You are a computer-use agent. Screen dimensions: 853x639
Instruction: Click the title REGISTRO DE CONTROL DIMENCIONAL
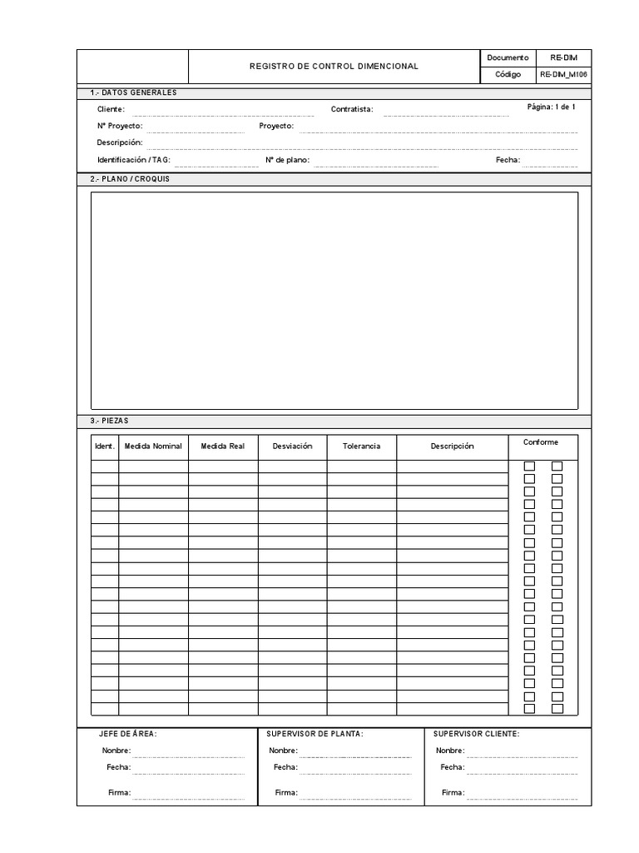(334, 66)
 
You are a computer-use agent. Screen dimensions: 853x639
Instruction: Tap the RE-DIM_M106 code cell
(563, 74)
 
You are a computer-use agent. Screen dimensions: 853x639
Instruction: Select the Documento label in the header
(508, 57)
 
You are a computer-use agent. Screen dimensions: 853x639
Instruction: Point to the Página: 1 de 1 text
(551, 107)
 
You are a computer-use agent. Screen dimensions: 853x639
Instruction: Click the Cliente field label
(111, 109)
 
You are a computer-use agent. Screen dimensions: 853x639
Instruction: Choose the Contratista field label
(352, 109)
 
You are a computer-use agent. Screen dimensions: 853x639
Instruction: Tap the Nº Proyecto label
(119, 126)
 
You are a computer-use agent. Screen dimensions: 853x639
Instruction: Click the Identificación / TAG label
(134, 159)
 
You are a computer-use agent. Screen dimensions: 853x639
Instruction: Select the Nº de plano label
(287, 159)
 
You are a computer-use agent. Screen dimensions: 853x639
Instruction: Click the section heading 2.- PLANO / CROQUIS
(129, 179)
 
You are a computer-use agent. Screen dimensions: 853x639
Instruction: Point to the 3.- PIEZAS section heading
(109, 421)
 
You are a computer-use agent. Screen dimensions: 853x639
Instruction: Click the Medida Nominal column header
(153, 446)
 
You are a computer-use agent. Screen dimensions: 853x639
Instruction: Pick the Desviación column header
(292, 446)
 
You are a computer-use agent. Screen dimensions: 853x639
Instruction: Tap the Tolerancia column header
(361, 446)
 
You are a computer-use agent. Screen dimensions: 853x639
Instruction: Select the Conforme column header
(541, 442)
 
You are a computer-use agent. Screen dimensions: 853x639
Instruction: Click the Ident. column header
(105, 446)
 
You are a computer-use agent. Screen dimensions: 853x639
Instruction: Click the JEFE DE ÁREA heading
(128, 734)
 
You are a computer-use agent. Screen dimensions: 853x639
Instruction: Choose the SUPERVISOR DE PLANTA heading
(315, 734)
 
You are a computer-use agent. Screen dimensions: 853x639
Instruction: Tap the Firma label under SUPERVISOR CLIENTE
(453, 792)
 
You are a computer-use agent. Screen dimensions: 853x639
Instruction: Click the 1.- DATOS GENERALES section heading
(133, 92)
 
